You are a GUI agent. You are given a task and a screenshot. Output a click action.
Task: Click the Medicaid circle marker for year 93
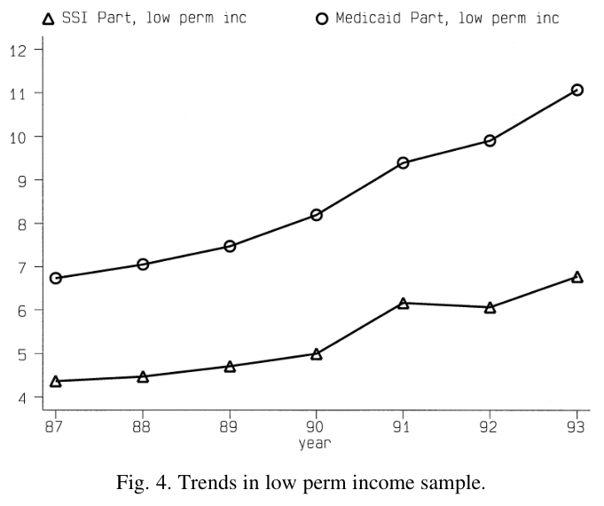tap(577, 85)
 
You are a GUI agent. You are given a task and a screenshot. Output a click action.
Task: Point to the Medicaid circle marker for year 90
tap(317, 210)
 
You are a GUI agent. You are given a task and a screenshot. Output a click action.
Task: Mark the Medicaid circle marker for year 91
tap(404, 158)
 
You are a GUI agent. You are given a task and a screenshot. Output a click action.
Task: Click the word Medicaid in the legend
tap(368, 18)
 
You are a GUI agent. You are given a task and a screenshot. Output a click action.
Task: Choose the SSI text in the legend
tap(75, 18)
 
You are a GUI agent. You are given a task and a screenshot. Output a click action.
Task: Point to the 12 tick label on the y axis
tap(18, 51)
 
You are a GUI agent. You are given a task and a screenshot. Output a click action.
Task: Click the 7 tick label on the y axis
tap(22, 267)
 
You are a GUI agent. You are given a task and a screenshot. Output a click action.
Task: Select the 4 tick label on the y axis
tap(22, 398)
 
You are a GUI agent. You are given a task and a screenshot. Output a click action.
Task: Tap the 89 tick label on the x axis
tap(229, 427)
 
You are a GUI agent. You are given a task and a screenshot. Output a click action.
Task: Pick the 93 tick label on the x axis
tap(576, 427)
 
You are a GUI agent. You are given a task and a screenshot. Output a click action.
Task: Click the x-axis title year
tap(315, 444)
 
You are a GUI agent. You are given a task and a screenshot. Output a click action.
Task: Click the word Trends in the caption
tap(208, 482)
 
